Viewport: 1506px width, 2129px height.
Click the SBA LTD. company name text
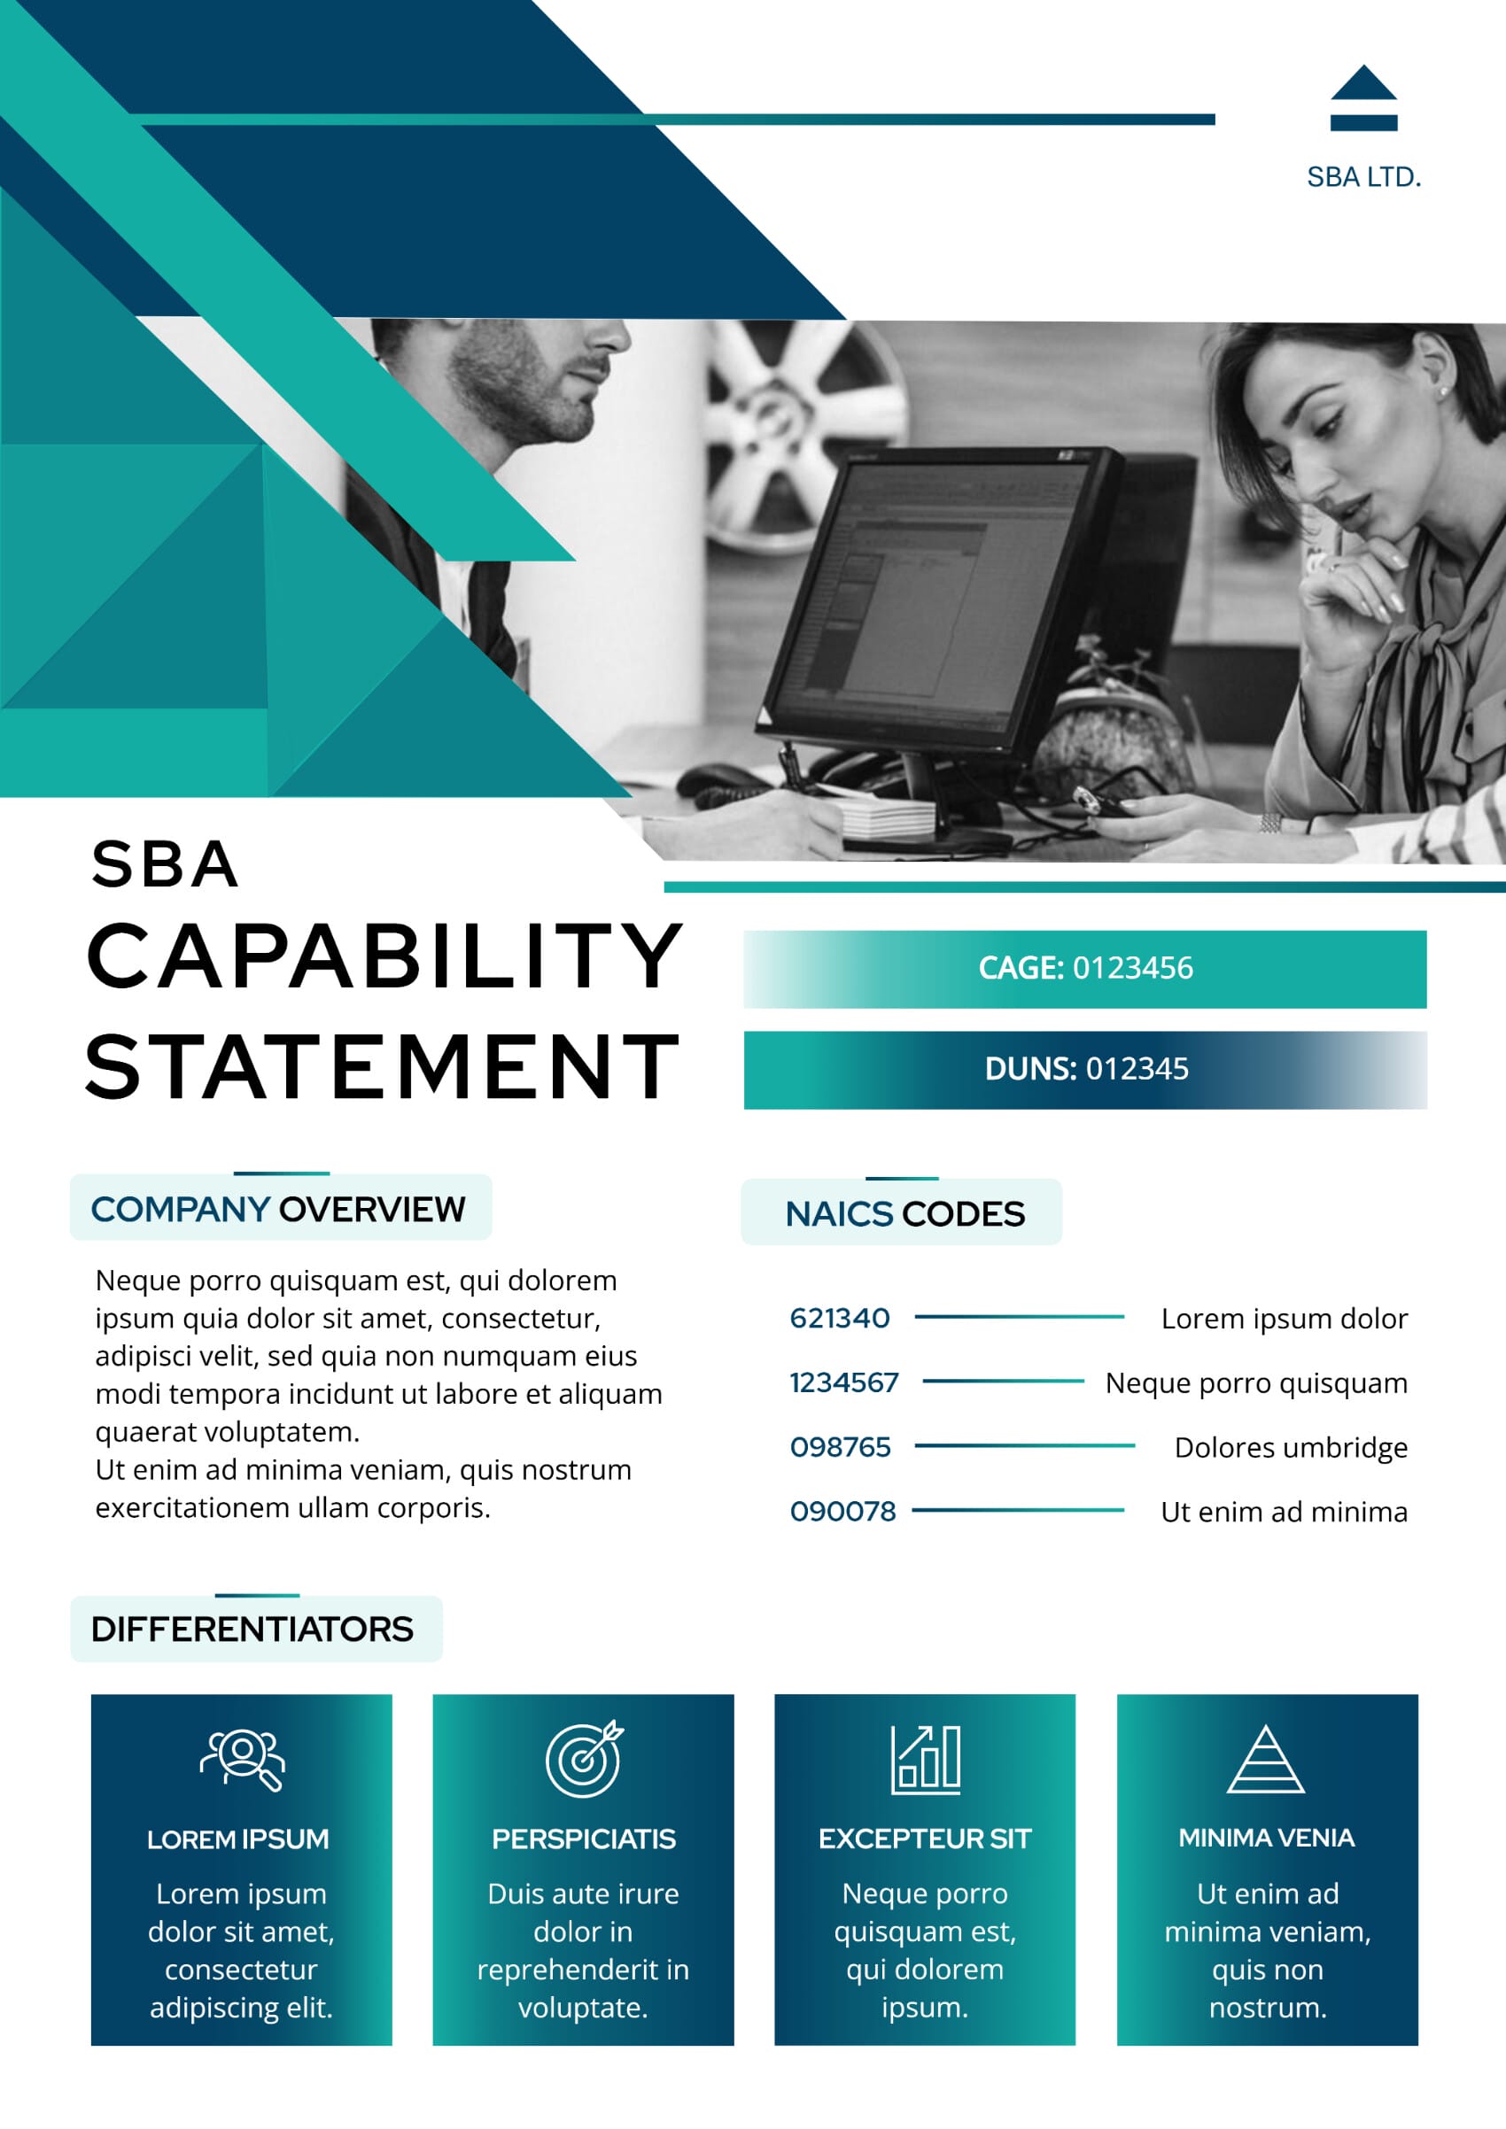1363,177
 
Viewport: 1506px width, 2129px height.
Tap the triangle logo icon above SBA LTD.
1363,97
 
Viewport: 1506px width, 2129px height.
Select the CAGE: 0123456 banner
1085,968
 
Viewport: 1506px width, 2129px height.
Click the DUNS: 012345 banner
1085,1069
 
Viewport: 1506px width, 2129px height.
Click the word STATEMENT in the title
382,1067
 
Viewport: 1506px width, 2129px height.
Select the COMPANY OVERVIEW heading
278,1209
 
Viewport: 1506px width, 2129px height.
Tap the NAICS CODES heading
904,1214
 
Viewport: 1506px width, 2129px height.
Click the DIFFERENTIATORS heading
252,1630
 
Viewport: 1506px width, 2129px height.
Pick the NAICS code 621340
839,1318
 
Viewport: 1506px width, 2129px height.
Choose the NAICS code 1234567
844,1382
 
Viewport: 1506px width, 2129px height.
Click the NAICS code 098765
840,1446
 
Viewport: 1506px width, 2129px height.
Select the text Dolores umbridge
1291,1447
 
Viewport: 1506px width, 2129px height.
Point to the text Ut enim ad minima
1284,1512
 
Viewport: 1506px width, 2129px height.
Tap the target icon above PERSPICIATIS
583,1759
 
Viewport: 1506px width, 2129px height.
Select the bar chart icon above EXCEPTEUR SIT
926,1759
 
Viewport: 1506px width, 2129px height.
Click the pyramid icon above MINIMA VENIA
1266,1759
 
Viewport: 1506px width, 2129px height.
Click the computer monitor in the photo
936,603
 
